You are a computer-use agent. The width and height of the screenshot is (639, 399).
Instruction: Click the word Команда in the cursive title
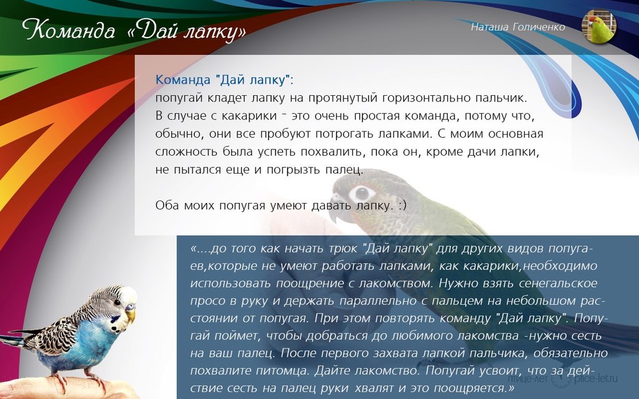click(x=68, y=30)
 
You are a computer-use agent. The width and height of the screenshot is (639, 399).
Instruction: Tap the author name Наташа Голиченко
click(x=518, y=27)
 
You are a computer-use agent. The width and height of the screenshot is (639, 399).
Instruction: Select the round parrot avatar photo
click(x=599, y=26)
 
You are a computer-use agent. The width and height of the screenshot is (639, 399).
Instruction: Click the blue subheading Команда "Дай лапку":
click(x=224, y=80)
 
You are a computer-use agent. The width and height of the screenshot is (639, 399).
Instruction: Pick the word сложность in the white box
click(x=187, y=152)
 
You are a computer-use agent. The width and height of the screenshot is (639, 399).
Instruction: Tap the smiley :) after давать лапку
click(x=402, y=205)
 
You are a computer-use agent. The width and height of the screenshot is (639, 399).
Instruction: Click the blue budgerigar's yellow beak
click(x=131, y=315)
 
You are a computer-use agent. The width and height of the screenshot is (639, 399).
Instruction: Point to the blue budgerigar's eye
click(x=118, y=303)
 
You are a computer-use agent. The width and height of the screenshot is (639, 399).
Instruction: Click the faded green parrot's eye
click(x=362, y=193)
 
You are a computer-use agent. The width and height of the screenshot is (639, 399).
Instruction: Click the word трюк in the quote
click(x=343, y=248)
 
